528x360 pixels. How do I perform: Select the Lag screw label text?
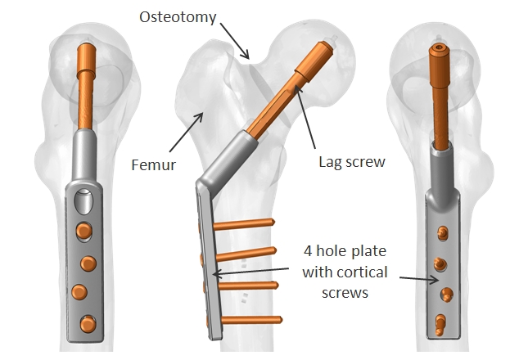pyautogui.click(x=352, y=163)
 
